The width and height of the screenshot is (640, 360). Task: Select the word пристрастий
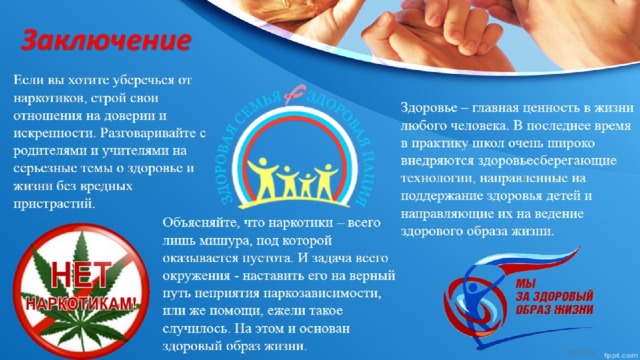pos(54,204)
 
